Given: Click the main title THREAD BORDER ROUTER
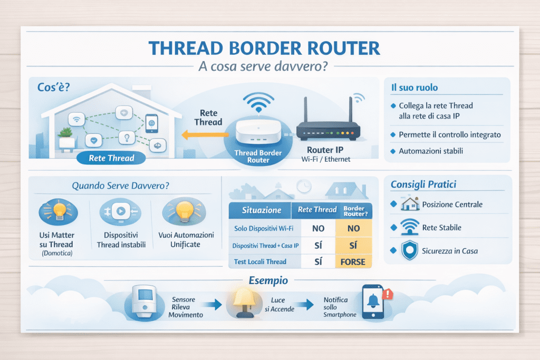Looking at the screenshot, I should [264, 48].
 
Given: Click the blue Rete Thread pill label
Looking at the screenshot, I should [111, 158].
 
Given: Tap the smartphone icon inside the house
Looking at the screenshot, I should [151, 123].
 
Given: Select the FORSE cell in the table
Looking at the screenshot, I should [354, 261].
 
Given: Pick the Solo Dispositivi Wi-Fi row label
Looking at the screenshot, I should [264, 228].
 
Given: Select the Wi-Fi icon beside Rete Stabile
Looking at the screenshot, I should [410, 227].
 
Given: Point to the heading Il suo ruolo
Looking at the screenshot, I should [414, 87].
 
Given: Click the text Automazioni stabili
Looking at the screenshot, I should [431, 151].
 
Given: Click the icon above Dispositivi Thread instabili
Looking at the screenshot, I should [119, 211].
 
